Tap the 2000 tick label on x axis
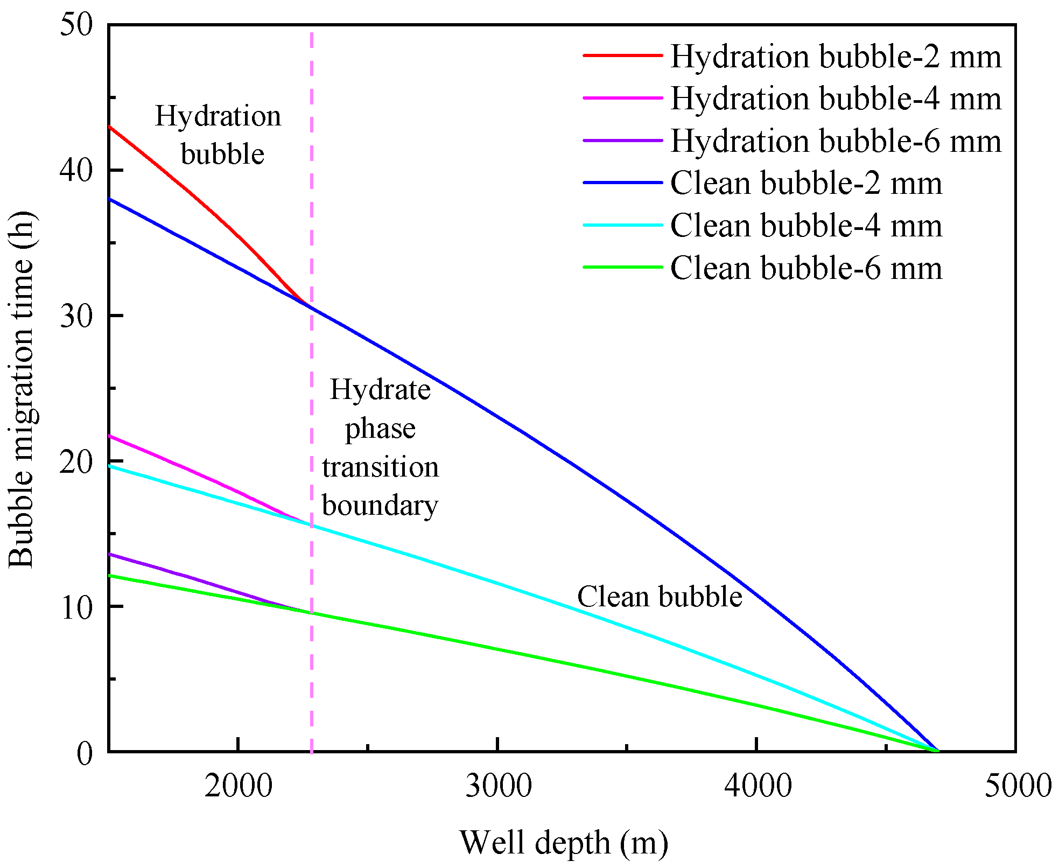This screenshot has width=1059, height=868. [239, 786]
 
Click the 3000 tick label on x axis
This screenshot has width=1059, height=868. [498, 786]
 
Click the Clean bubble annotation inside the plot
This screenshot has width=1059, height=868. [660, 597]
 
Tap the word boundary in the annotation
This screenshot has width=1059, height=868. [380, 506]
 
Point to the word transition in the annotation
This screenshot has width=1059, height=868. [380, 467]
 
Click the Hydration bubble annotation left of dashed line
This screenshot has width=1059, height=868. [219, 135]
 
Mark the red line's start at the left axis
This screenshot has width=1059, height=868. [110, 127]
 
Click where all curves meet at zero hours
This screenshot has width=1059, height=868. [938, 751]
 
